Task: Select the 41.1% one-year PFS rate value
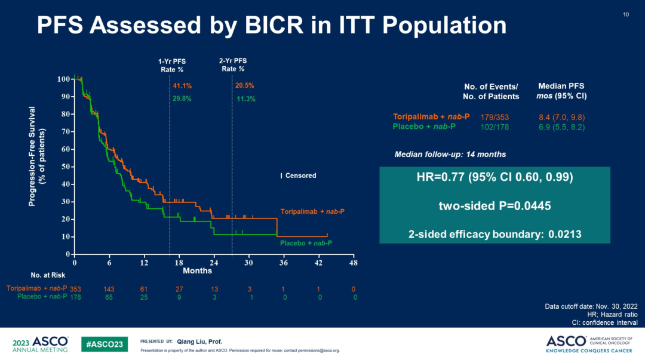pyautogui.click(x=182, y=87)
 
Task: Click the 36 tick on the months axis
pyautogui.click(x=284, y=263)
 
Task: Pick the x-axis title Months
pyautogui.click(x=198, y=271)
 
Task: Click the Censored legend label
pyautogui.click(x=300, y=176)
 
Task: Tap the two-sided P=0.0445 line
pyautogui.click(x=494, y=206)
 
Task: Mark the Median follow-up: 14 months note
pyautogui.click(x=450, y=155)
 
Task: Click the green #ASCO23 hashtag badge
pyautogui.click(x=104, y=344)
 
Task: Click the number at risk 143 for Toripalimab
pyautogui.click(x=109, y=289)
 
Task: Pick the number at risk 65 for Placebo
pyautogui.click(x=109, y=297)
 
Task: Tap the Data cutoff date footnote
pyautogui.click(x=591, y=307)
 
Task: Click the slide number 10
pyautogui.click(x=626, y=14)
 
